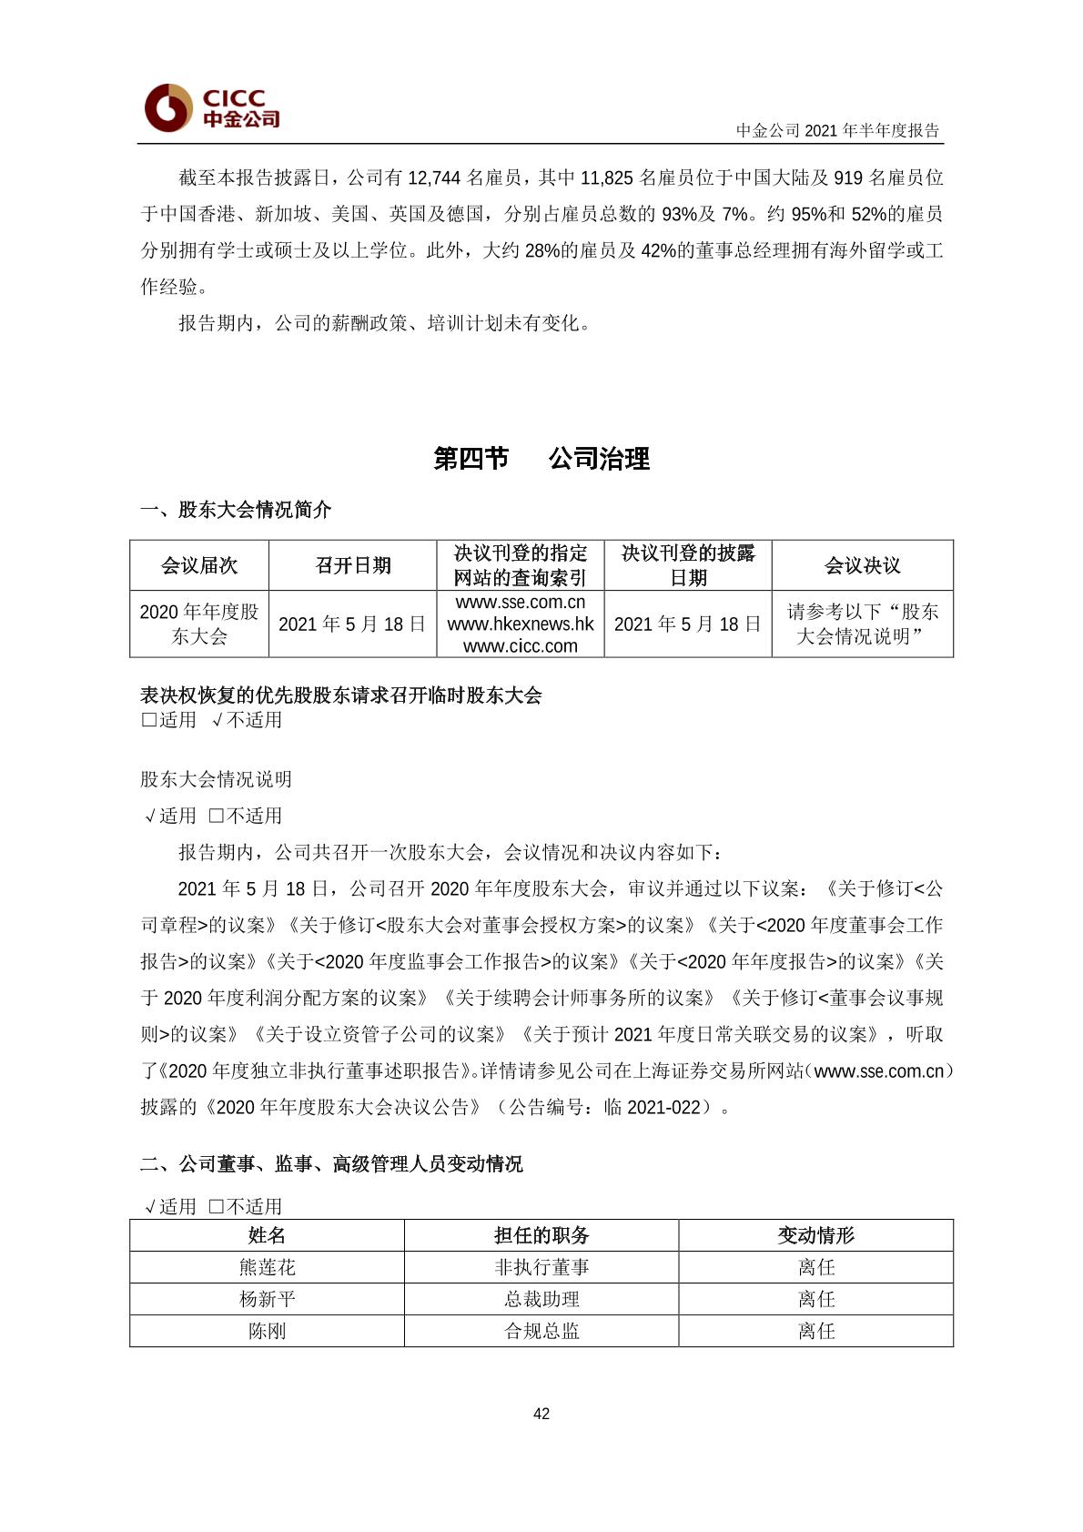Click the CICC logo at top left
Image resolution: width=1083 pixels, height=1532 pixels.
click(211, 107)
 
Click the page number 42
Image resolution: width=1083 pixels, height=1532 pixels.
click(541, 1414)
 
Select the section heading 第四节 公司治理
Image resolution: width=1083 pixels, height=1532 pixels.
click(541, 459)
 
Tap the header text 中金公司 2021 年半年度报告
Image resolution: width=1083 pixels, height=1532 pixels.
click(837, 130)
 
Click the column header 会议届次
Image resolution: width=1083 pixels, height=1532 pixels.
click(199, 565)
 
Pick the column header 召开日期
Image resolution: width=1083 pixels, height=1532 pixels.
click(353, 565)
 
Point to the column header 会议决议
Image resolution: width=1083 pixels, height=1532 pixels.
click(862, 565)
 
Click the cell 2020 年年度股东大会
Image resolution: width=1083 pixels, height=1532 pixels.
click(199, 624)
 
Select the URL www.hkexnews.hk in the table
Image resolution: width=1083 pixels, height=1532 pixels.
click(521, 624)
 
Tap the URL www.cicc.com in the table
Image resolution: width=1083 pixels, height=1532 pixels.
click(521, 646)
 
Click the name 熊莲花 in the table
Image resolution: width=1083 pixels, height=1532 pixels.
click(267, 1267)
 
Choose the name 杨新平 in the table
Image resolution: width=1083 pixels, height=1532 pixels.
click(267, 1299)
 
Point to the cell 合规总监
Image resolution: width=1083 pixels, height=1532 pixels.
click(541, 1331)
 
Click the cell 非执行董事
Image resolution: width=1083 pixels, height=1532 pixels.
click(541, 1267)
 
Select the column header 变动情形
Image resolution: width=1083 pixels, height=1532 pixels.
click(816, 1235)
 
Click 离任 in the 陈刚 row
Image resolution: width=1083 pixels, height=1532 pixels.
click(816, 1331)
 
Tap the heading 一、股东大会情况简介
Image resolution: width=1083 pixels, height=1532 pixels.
click(236, 510)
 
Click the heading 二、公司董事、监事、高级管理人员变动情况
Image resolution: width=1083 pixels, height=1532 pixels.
click(331, 1164)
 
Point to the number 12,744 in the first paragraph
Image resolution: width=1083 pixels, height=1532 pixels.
click(435, 178)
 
